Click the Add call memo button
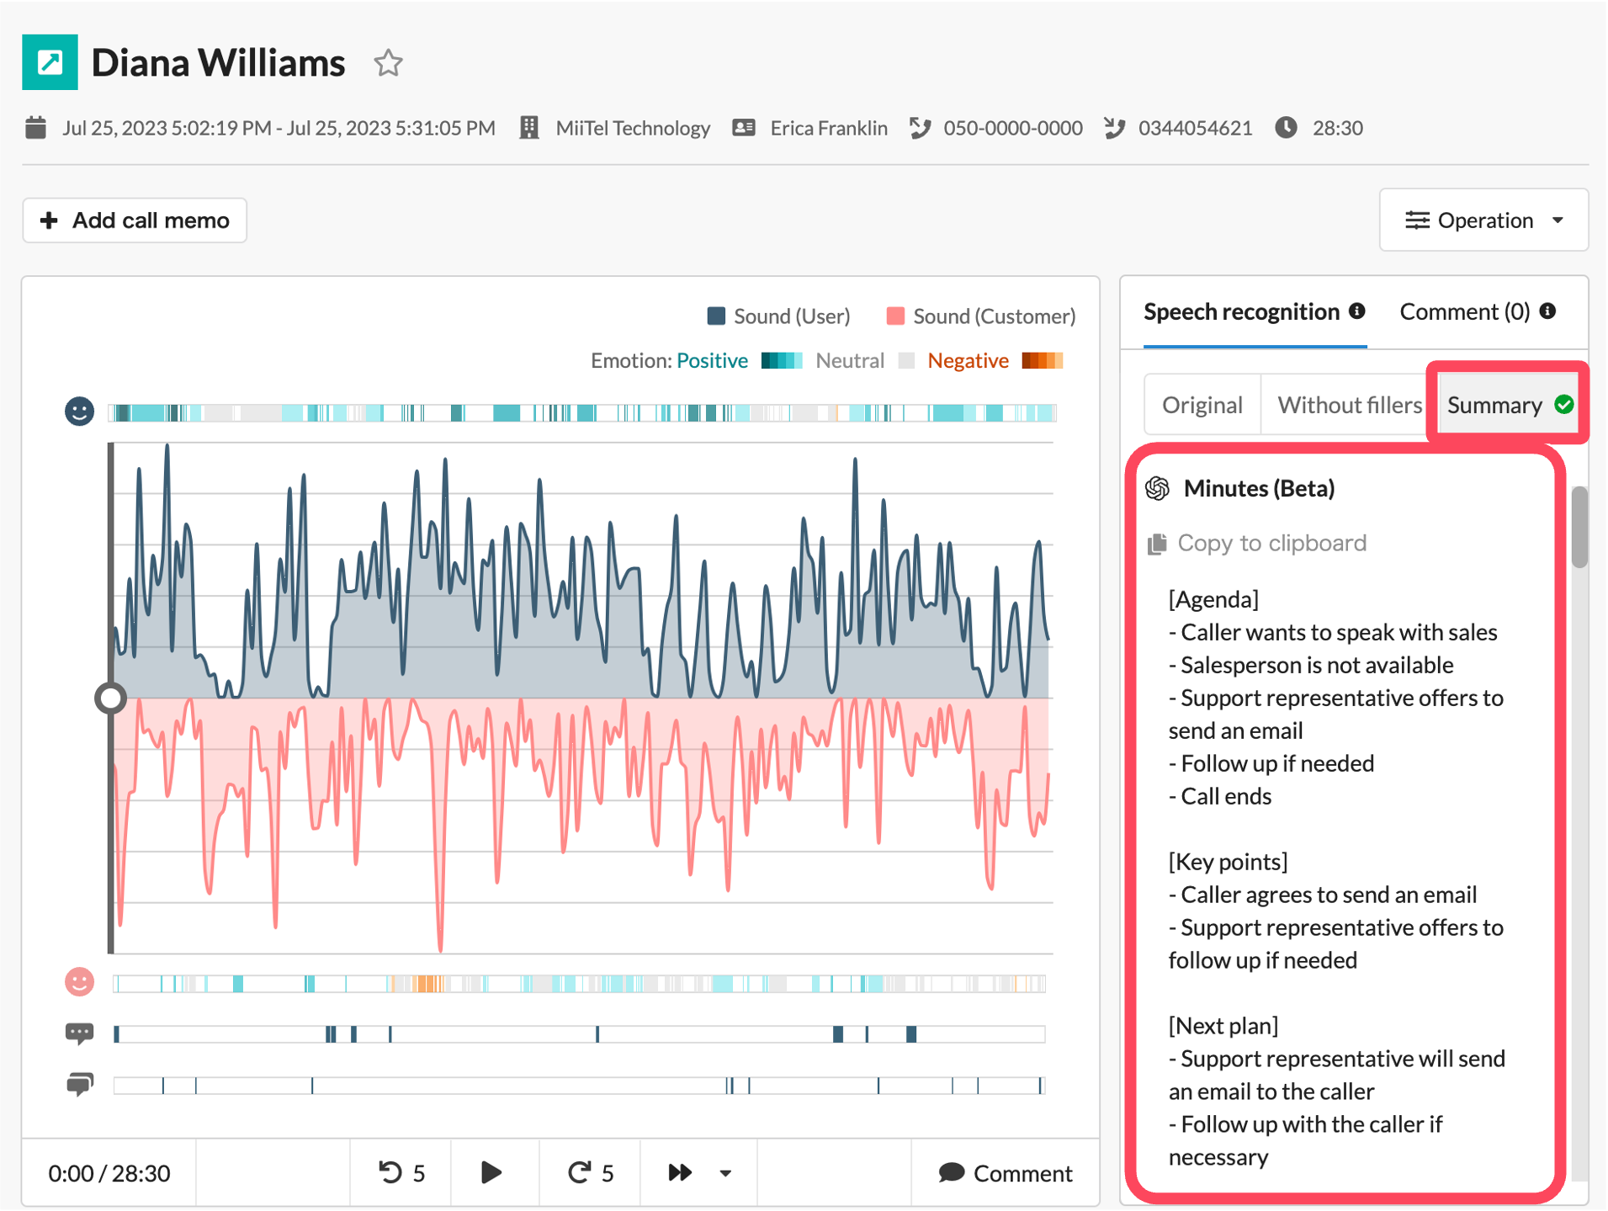(135, 220)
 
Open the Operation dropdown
(1483, 220)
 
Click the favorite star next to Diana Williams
(388, 63)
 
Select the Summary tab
(1508, 405)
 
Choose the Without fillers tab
(1349, 405)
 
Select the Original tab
(1202, 405)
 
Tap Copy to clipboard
(1257, 543)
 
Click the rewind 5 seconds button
(401, 1173)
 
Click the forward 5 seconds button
(590, 1173)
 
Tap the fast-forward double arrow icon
(680, 1173)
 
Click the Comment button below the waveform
(1006, 1173)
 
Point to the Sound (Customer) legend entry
(981, 316)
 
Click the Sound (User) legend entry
(779, 316)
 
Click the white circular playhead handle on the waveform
(110, 698)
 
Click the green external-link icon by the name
(50, 62)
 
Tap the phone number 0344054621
(1195, 128)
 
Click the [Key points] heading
(1228, 862)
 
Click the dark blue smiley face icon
(80, 412)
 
